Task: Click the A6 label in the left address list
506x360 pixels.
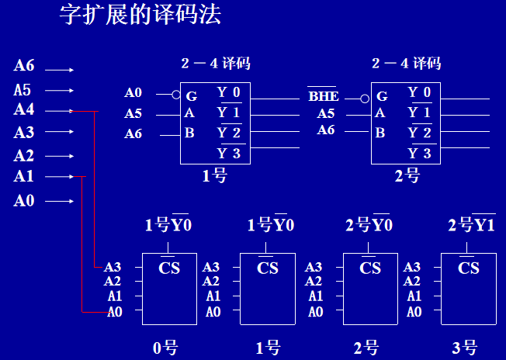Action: point(24,67)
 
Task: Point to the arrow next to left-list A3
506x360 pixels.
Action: point(59,133)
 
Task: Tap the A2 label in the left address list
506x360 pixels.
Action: point(24,155)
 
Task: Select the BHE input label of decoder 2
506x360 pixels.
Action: point(323,97)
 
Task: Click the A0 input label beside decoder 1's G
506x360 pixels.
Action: point(133,94)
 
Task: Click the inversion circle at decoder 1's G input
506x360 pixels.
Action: point(176,95)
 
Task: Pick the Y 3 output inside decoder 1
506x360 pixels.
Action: point(229,153)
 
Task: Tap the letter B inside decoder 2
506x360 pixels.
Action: point(380,133)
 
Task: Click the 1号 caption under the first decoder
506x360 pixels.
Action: point(214,176)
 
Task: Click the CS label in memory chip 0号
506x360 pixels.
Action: point(169,268)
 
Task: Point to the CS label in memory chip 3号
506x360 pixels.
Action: point(468,268)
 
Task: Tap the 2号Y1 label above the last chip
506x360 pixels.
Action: point(471,226)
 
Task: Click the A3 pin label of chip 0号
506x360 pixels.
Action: point(113,267)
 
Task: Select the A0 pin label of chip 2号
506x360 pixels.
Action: point(315,312)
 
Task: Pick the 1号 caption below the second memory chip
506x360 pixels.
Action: point(268,347)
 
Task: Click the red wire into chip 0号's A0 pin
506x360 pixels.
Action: point(92,312)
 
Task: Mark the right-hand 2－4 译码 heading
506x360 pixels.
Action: point(406,64)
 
